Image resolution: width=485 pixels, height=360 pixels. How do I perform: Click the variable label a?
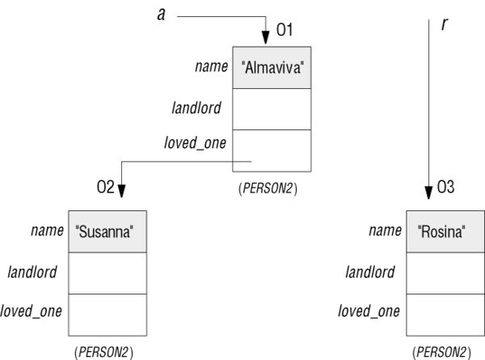pyautogui.click(x=161, y=15)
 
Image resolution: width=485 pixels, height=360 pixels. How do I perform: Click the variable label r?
pyautogui.click(x=444, y=23)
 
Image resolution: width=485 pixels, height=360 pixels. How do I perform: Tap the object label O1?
pyautogui.click(x=285, y=30)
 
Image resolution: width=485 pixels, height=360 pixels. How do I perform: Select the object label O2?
pyautogui.click(x=105, y=187)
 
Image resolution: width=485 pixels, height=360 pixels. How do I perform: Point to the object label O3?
pyautogui.click(x=445, y=187)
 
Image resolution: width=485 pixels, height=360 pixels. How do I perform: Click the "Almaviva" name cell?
pyautogui.click(x=272, y=68)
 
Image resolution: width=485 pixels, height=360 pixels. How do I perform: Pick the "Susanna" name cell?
pyautogui.click(x=108, y=232)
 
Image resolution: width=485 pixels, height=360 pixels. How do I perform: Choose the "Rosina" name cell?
pyautogui.click(x=445, y=232)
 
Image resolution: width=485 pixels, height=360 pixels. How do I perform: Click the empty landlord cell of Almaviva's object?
pyautogui.click(x=272, y=109)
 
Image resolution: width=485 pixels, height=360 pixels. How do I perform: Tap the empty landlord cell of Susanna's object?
pyautogui.click(x=108, y=273)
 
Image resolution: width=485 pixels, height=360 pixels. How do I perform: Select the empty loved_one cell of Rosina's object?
pyautogui.click(x=445, y=315)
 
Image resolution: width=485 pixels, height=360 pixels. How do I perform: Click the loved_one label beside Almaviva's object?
pyautogui.click(x=195, y=143)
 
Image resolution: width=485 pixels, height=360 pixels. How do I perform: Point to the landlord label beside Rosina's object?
pyautogui.click(x=370, y=272)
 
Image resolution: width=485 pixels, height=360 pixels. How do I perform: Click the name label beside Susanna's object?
pyautogui.click(x=48, y=231)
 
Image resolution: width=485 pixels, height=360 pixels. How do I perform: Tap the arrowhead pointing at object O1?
pyautogui.click(x=266, y=37)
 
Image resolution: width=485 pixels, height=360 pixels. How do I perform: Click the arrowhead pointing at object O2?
pyautogui.click(x=121, y=191)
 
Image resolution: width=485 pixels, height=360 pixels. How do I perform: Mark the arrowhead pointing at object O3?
pyautogui.click(x=428, y=193)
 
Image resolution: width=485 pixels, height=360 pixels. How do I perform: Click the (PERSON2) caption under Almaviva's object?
pyautogui.click(x=268, y=188)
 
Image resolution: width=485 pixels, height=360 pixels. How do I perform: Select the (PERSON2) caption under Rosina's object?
pyautogui.click(x=441, y=352)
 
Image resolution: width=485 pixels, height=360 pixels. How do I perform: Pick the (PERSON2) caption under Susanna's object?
pyautogui.click(x=104, y=352)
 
